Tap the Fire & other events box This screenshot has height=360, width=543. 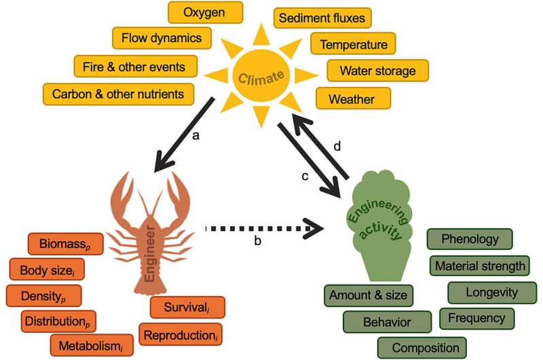click(x=136, y=66)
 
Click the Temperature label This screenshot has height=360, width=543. click(x=354, y=45)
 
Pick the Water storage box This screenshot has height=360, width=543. click(x=378, y=71)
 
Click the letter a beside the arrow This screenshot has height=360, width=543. click(x=197, y=136)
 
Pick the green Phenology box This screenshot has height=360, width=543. click(x=470, y=240)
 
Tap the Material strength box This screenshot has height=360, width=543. click(x=481, y=266)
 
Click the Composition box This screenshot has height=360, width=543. click(x=422, y=348)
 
